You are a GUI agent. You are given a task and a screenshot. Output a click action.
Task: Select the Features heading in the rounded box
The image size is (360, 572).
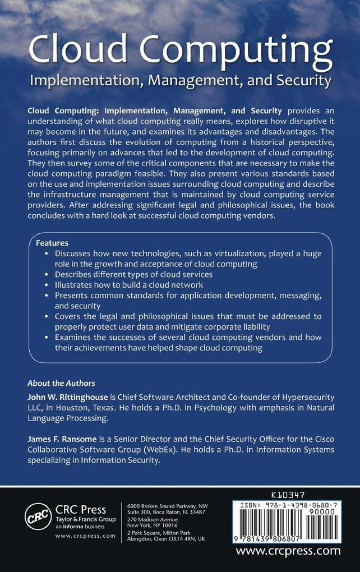(x=52, y=243)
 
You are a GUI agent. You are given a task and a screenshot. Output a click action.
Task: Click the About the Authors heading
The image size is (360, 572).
(x=61, y=384)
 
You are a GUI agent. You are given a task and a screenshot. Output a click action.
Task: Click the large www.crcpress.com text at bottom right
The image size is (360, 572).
(x=288, y=551)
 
